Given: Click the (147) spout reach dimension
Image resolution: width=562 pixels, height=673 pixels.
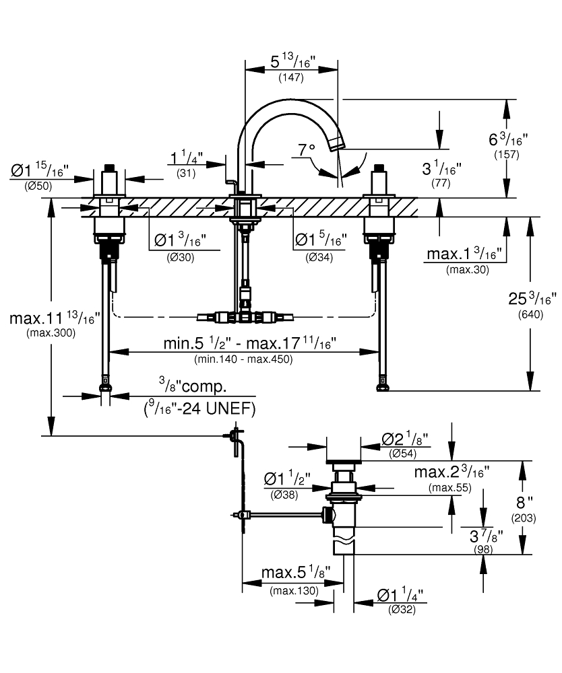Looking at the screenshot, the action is (291, 77).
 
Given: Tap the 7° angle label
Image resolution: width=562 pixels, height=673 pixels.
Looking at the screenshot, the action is (307, 150).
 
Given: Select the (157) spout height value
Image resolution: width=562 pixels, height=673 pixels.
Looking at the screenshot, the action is (507, 155).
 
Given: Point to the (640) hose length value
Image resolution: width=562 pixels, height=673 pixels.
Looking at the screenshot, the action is (530, 314).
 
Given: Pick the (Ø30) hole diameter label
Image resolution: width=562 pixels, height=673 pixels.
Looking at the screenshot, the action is (181, 258).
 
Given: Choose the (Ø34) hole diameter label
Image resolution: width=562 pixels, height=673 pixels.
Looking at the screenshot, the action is (319, 258).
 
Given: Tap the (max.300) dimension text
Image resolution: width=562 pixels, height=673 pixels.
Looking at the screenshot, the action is (51, 332).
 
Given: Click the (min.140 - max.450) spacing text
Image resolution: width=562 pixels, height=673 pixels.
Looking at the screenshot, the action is (243, 359).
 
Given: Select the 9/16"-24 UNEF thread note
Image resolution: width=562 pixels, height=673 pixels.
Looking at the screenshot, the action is (199, 409).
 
